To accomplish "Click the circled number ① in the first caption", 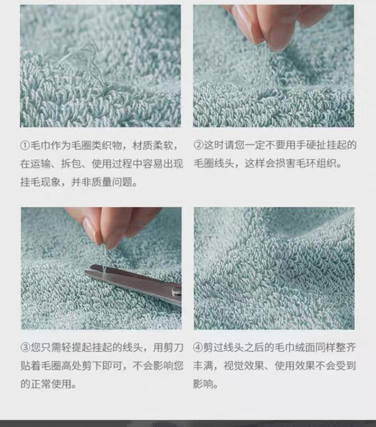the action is (x=25, y=146).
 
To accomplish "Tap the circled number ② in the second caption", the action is (x=198, y=145).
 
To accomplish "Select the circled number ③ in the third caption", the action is (x=25, y=348).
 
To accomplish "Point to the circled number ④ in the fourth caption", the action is (x=198, y=348).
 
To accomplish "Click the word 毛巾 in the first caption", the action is (x=40, y=146).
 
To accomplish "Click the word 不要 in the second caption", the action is (x=275, y=145).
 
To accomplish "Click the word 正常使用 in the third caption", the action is (x=51, y=384).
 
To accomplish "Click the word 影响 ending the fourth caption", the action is (x=204, y=384).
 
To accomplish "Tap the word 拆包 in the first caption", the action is (x=71, y=164).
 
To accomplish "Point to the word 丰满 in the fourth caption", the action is (x=204, y=366).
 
